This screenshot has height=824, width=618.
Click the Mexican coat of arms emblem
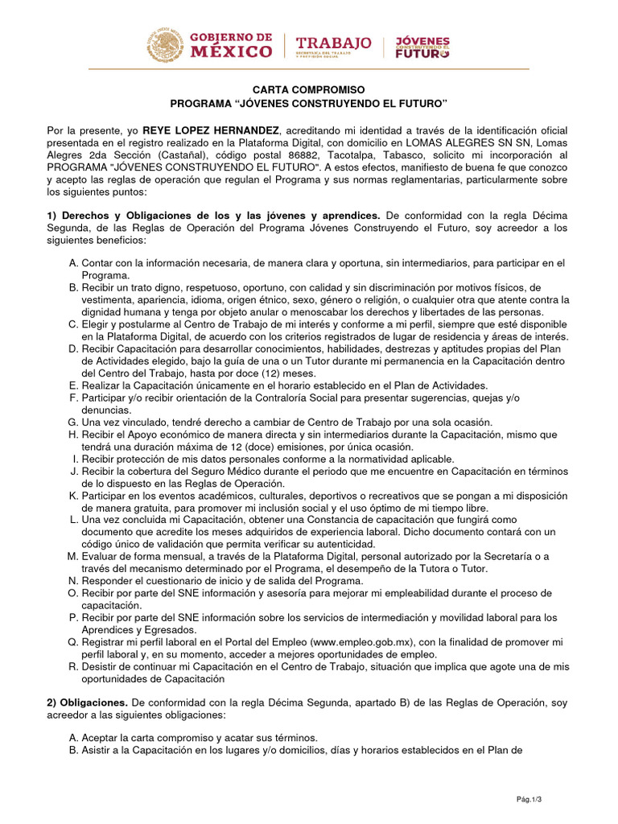[x=163, y=45]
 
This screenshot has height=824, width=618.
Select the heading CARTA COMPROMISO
[x=308, y=89]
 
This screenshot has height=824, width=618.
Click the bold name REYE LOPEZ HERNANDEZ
[x=212, y=130]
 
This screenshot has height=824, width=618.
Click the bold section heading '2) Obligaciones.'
[x=87, y=703]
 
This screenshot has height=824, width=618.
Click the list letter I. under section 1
[x=76, y=459]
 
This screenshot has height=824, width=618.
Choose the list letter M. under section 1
[x=74, y=556]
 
